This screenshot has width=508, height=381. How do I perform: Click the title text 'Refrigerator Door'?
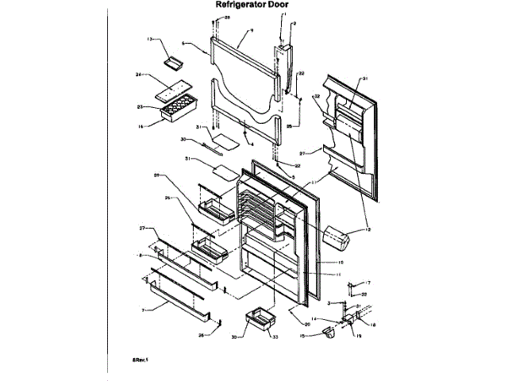coord(253,5)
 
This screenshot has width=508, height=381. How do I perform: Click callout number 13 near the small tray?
coord(148,39)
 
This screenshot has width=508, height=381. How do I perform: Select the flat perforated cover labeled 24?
coord(173,89)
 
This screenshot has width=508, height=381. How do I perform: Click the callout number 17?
coord(368,283)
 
